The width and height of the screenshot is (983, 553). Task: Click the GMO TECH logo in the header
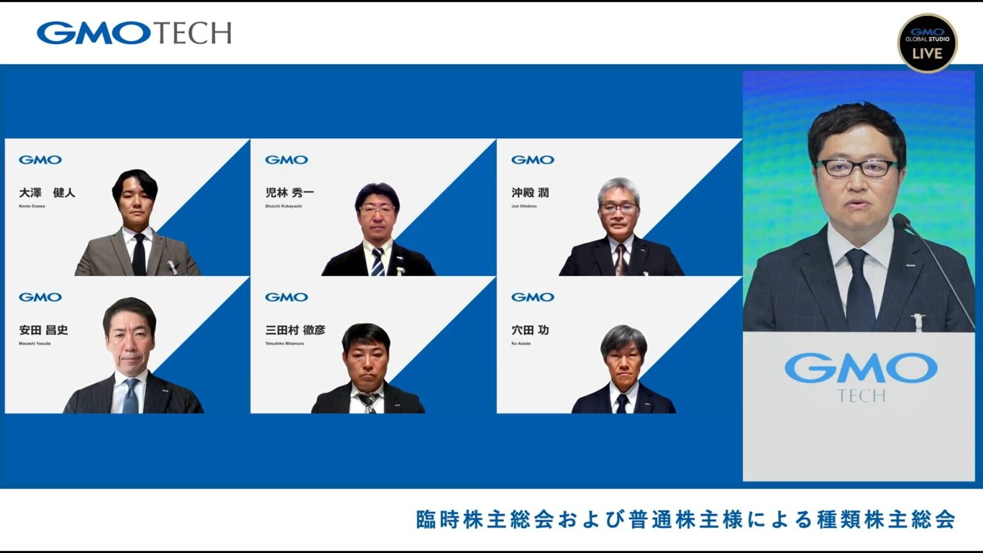(x=134, y=33)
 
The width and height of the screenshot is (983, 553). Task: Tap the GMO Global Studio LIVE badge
(x=927, y=43)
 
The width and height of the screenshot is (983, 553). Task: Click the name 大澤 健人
(x=47, y=193)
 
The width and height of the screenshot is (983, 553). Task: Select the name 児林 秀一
(x=289, y=193)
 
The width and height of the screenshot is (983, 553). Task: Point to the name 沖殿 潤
(x=530, y=193)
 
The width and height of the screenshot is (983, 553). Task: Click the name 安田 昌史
(x=44, y=330)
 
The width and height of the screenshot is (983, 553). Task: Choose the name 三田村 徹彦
(x=295, y=330)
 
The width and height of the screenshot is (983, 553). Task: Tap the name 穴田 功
(x=530, y=330)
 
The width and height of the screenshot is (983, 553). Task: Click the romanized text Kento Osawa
(x=32, y=206)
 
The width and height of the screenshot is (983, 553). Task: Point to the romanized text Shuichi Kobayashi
(x=284, y=206)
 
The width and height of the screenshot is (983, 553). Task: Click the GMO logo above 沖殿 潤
(x=532, y=160)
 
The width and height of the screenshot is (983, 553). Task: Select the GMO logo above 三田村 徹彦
(x=286, y=297)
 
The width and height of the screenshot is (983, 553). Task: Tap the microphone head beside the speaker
(x=901, y=221)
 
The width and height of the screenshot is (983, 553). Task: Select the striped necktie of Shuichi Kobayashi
(x=378, y=261)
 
